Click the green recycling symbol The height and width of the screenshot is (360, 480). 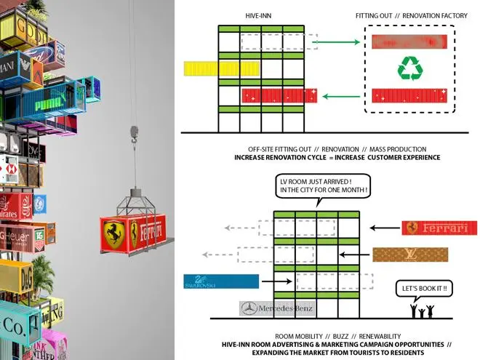tap(409, 69)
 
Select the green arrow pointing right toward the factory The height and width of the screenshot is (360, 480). tap(337, 42)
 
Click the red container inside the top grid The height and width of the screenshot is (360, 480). tap(280, 95)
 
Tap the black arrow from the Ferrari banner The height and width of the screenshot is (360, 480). tap(384, 228)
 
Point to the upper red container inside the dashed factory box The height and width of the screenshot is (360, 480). tap(409, 41)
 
